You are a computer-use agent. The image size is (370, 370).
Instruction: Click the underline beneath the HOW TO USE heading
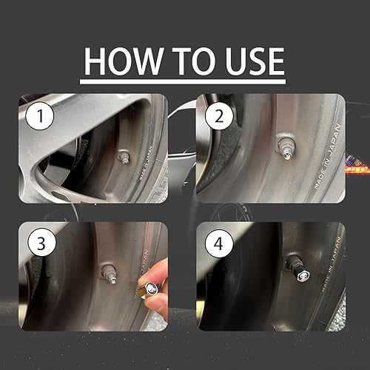tap(184, 76)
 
